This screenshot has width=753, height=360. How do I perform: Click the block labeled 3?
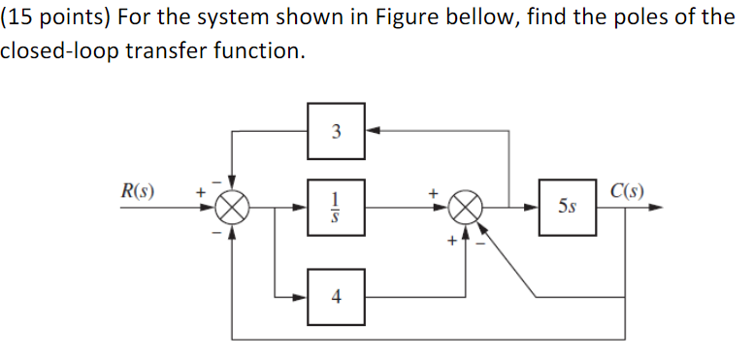[335, 131]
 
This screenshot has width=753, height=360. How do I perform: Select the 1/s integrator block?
[335, 206]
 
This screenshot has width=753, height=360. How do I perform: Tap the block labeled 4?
[335, 297]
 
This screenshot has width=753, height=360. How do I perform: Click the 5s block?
[568, 206]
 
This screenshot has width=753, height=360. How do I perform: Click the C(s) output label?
[628, 189]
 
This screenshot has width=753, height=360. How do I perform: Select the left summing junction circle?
[232, 207]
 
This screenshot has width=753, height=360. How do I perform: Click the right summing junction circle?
[469, 207]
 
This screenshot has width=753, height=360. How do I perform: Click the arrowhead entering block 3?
[371, 131]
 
